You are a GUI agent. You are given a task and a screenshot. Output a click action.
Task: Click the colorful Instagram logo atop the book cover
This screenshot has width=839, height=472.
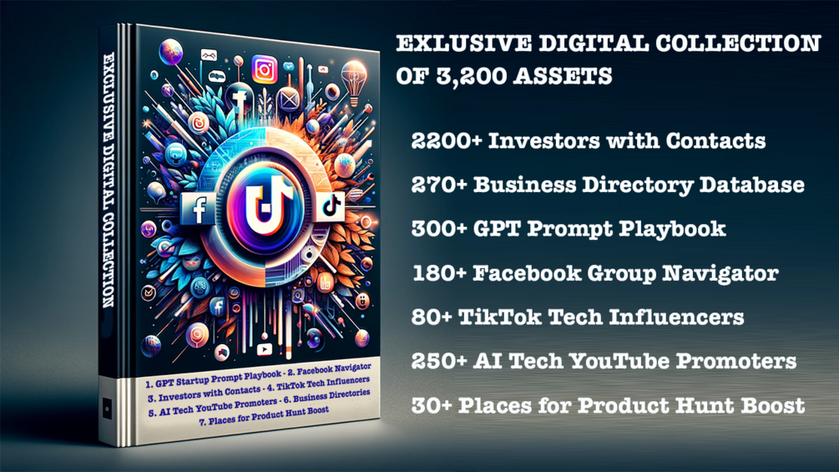(265, 69)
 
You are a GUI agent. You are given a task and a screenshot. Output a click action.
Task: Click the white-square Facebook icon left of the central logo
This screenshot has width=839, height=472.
(200, 209)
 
